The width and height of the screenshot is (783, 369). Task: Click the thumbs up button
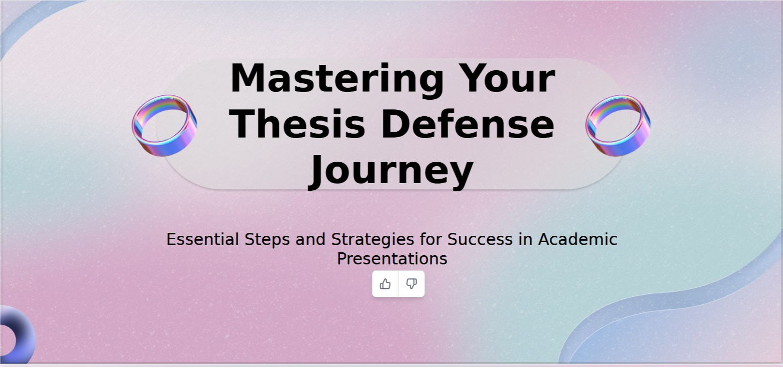385,284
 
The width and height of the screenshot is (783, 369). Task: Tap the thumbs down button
411,284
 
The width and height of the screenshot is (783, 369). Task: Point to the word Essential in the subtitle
203,240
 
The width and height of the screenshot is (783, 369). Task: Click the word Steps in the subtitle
267,240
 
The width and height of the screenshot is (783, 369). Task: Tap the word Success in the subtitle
480,240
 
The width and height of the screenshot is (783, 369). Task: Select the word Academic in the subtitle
578,240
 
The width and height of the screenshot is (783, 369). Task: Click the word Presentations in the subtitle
392,259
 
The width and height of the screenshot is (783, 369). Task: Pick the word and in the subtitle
310,240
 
